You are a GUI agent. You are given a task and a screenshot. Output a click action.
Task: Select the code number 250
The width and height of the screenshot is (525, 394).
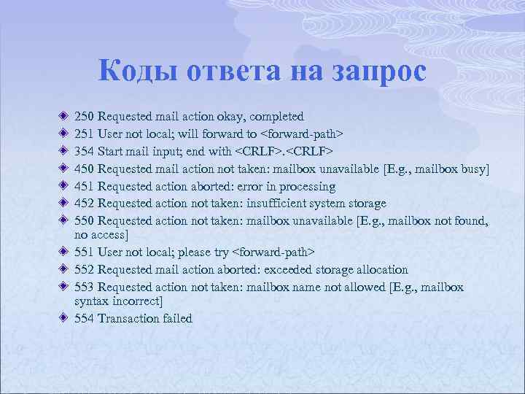tap(85, 117)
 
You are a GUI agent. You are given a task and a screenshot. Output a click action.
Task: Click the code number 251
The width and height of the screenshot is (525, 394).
tap(85, 134)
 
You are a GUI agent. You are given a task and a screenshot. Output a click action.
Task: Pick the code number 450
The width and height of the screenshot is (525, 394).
tap(85, 169)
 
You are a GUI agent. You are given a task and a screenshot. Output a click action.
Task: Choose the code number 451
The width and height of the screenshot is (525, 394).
tap(85, 187)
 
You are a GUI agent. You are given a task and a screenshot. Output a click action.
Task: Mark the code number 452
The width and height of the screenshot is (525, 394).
tap(85, 204)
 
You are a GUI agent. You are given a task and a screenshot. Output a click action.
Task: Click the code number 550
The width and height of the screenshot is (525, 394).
tap(85, 221)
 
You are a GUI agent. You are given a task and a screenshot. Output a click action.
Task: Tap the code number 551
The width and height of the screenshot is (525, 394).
tap(85, 252)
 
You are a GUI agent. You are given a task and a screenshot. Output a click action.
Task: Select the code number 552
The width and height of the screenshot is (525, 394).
tap(85, 270)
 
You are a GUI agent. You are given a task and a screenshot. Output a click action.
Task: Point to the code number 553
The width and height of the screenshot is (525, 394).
tap(85, 287)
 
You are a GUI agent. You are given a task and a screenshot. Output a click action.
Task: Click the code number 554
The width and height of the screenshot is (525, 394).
tap(85, 318)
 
